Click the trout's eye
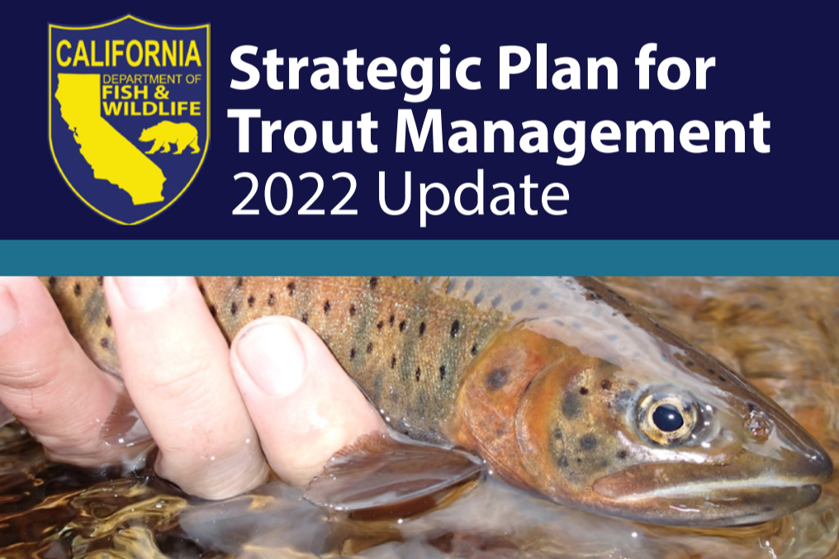pyautogui.click(x=667, y=418)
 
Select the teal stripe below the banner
pyautogui.click(x=419, y=258)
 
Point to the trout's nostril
pyautogui.click(x=756, y=424)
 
